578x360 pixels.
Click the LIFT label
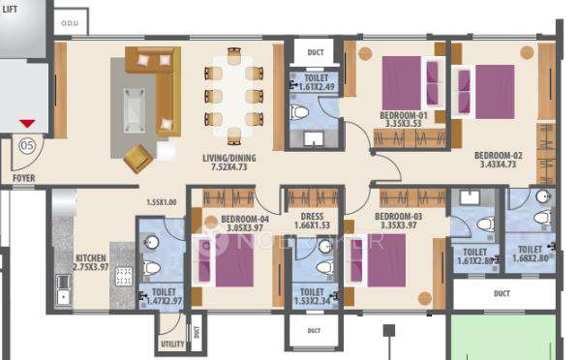pyautogui.click(x=12, y=6)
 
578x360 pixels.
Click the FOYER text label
pyautogui.click(x=23, y=178)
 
